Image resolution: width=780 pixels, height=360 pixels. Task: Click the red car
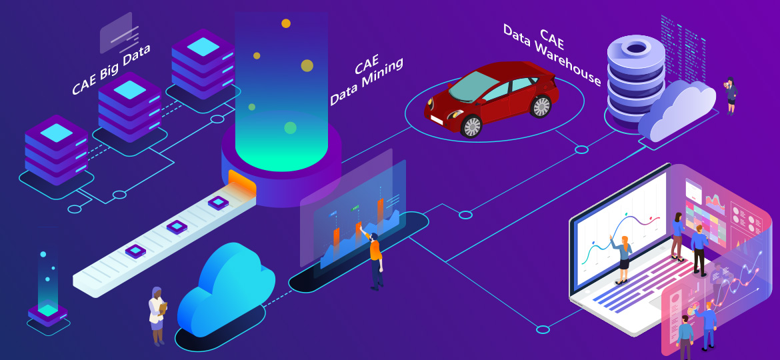pyautogui.click(x=493, y=97)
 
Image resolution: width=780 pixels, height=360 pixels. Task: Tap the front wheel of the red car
pyautogui.click(x=471, y=125)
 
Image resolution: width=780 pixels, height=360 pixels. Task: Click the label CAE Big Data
pyautogui.click(x=112, y=69)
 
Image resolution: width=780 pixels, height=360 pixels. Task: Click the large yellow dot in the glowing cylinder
pyautogui.click(x=307, y=65)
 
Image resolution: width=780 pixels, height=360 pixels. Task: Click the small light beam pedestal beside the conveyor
pyautogui.click(x=47, y=287)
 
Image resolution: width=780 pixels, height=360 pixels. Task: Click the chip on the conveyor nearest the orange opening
pyautogui.click(x=217, y=202)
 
